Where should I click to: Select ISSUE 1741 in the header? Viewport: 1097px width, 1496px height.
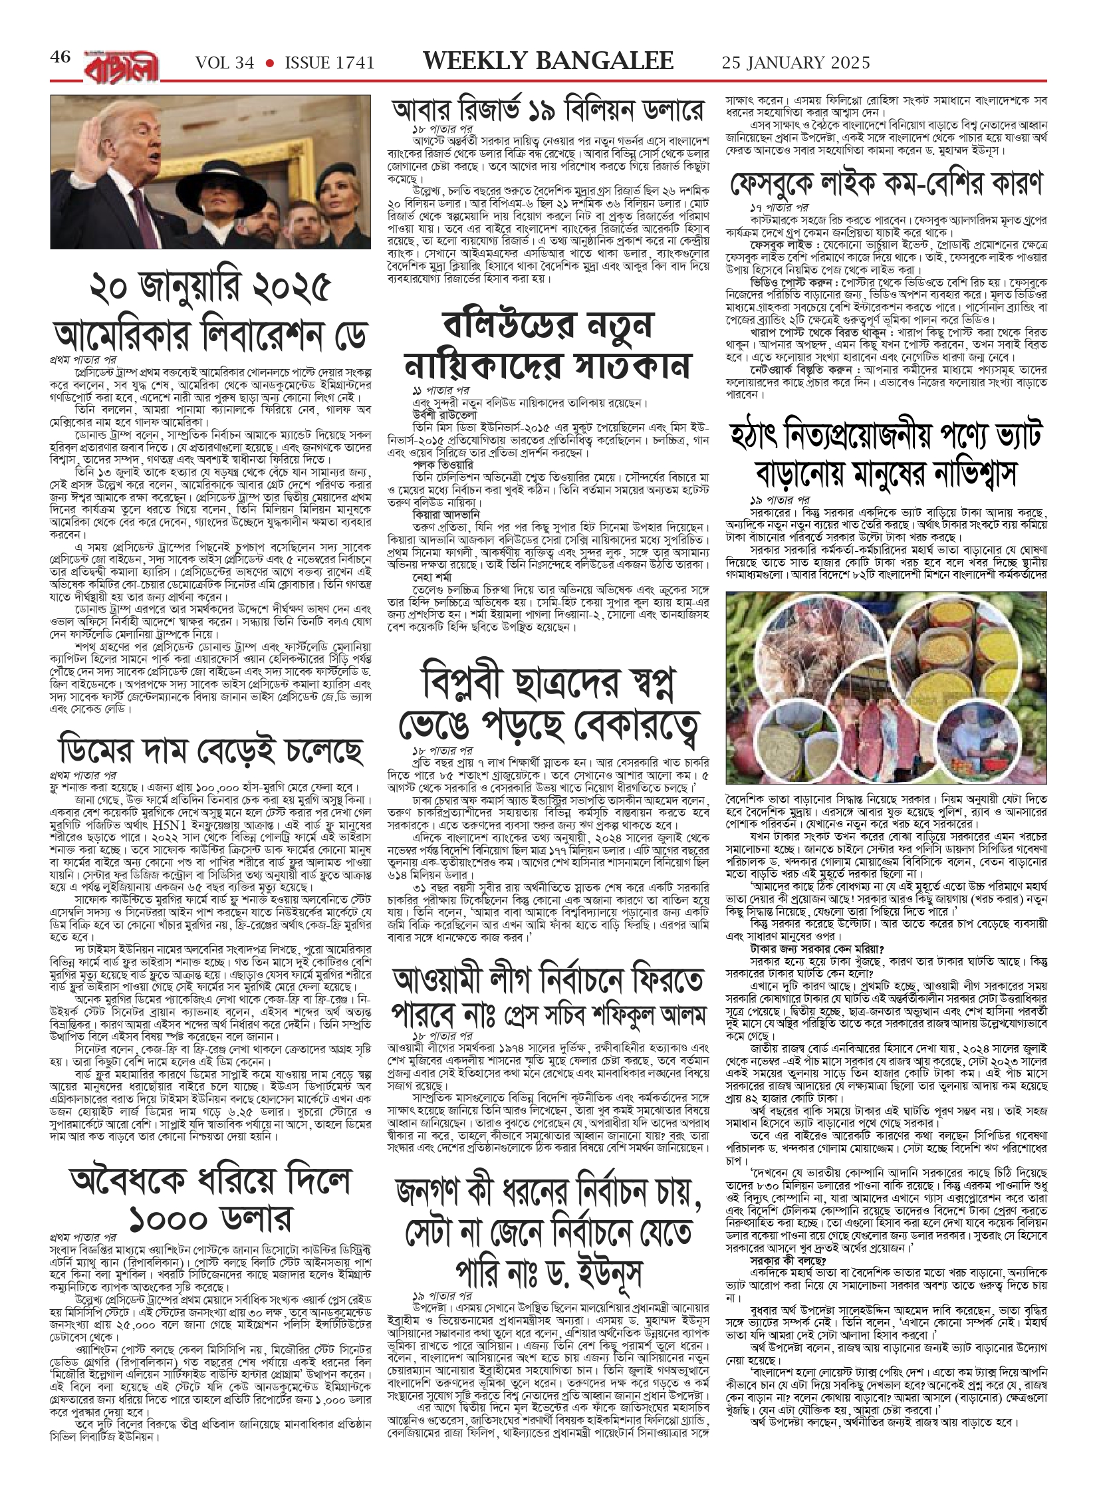[329, 63]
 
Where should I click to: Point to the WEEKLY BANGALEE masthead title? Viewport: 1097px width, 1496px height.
[548, 61]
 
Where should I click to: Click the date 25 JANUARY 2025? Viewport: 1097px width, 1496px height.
[795, 63]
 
